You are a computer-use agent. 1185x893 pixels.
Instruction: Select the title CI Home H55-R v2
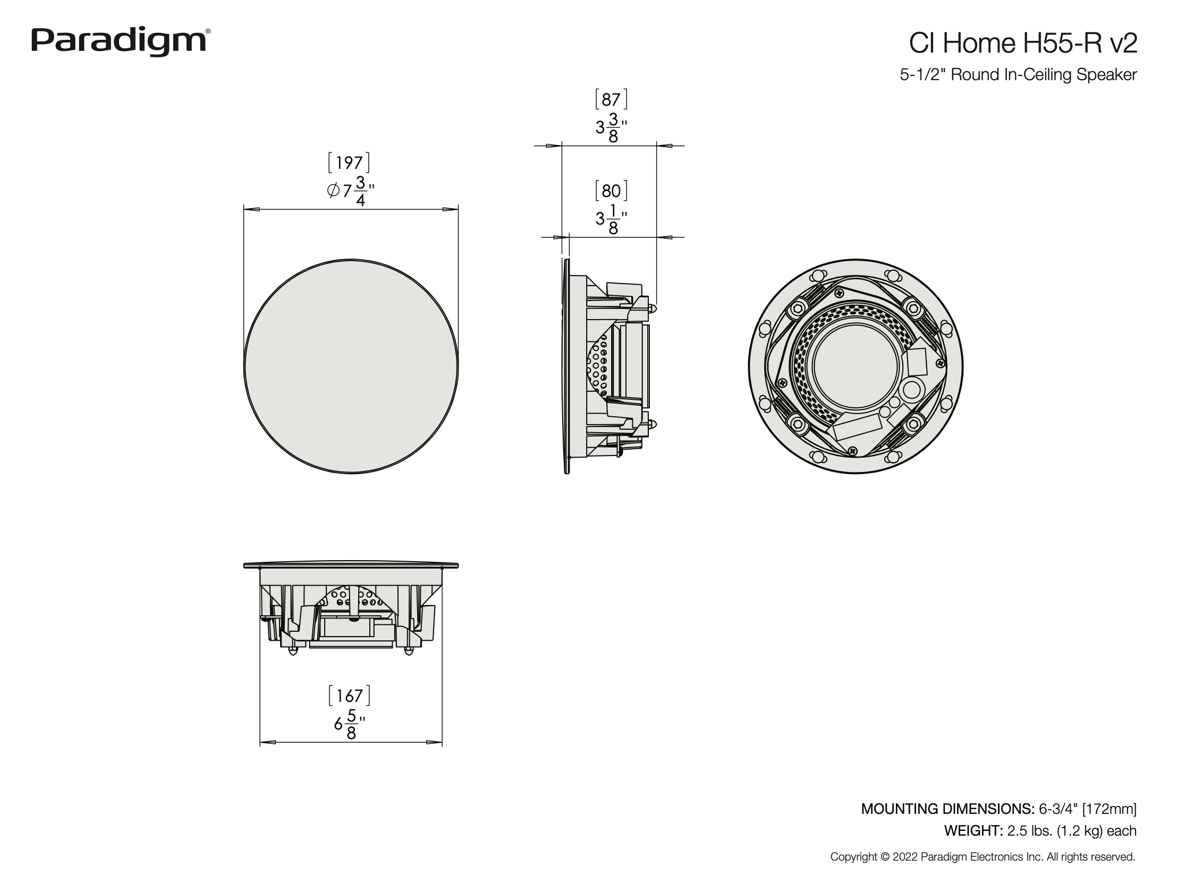[x=1023, y=43]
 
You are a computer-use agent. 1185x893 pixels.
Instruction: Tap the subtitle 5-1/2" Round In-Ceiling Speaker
[x=1018, y=75]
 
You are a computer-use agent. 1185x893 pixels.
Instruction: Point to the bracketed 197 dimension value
[x=349, y=163]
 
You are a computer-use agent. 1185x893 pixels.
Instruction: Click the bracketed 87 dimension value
[x=611, y=100]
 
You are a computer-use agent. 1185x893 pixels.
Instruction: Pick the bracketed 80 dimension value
[x=611, y=191]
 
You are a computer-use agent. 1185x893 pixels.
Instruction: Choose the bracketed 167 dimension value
[x=349, y=695]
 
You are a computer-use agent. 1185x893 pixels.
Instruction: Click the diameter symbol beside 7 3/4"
[x=333, y=191]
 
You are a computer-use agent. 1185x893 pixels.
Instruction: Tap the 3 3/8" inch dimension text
[x=611, y=128]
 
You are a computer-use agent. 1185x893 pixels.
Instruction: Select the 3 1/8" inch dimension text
[x=611, y=219]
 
